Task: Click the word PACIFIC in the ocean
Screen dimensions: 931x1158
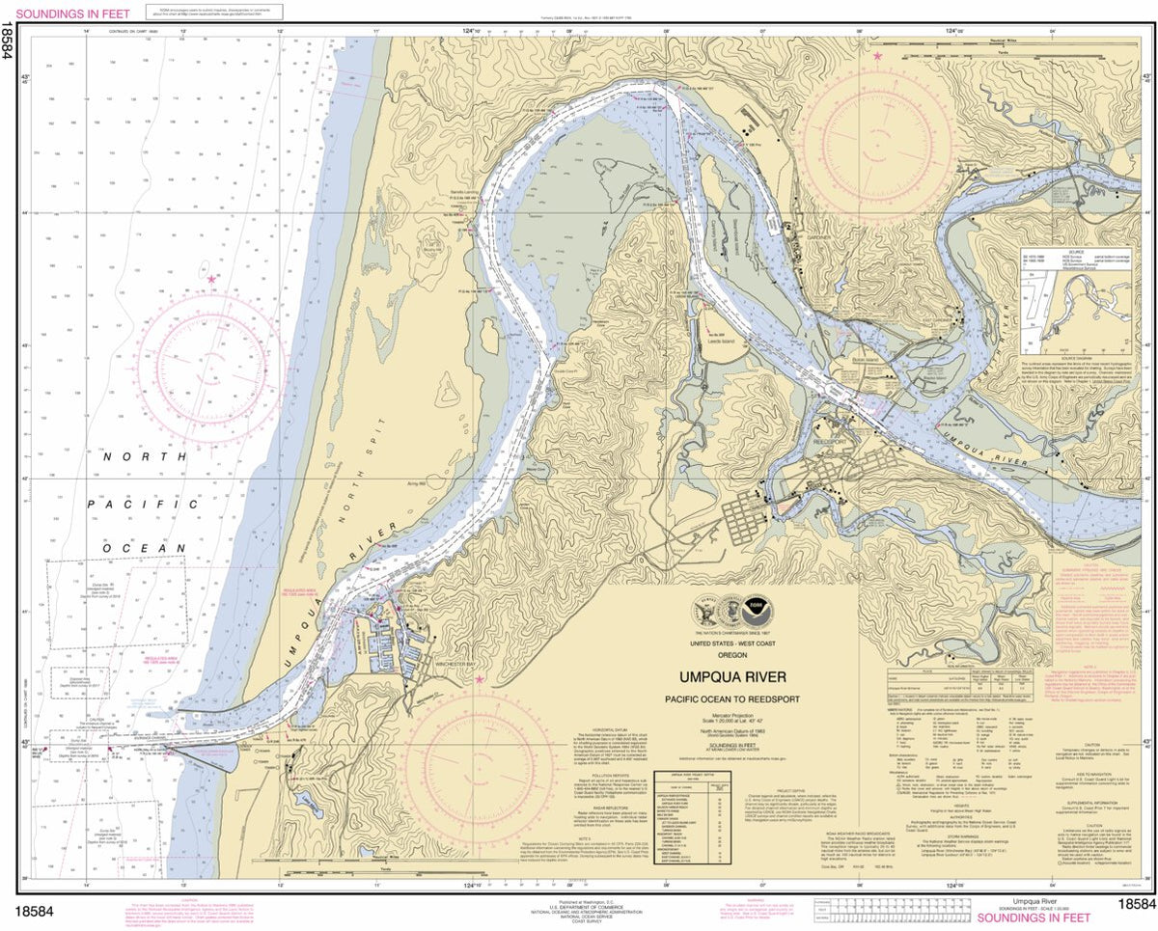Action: tap(142, 504)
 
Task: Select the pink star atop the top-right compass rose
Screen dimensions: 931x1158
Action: tap(877, 57)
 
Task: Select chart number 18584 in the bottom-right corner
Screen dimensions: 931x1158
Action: tap(1136, 905)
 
